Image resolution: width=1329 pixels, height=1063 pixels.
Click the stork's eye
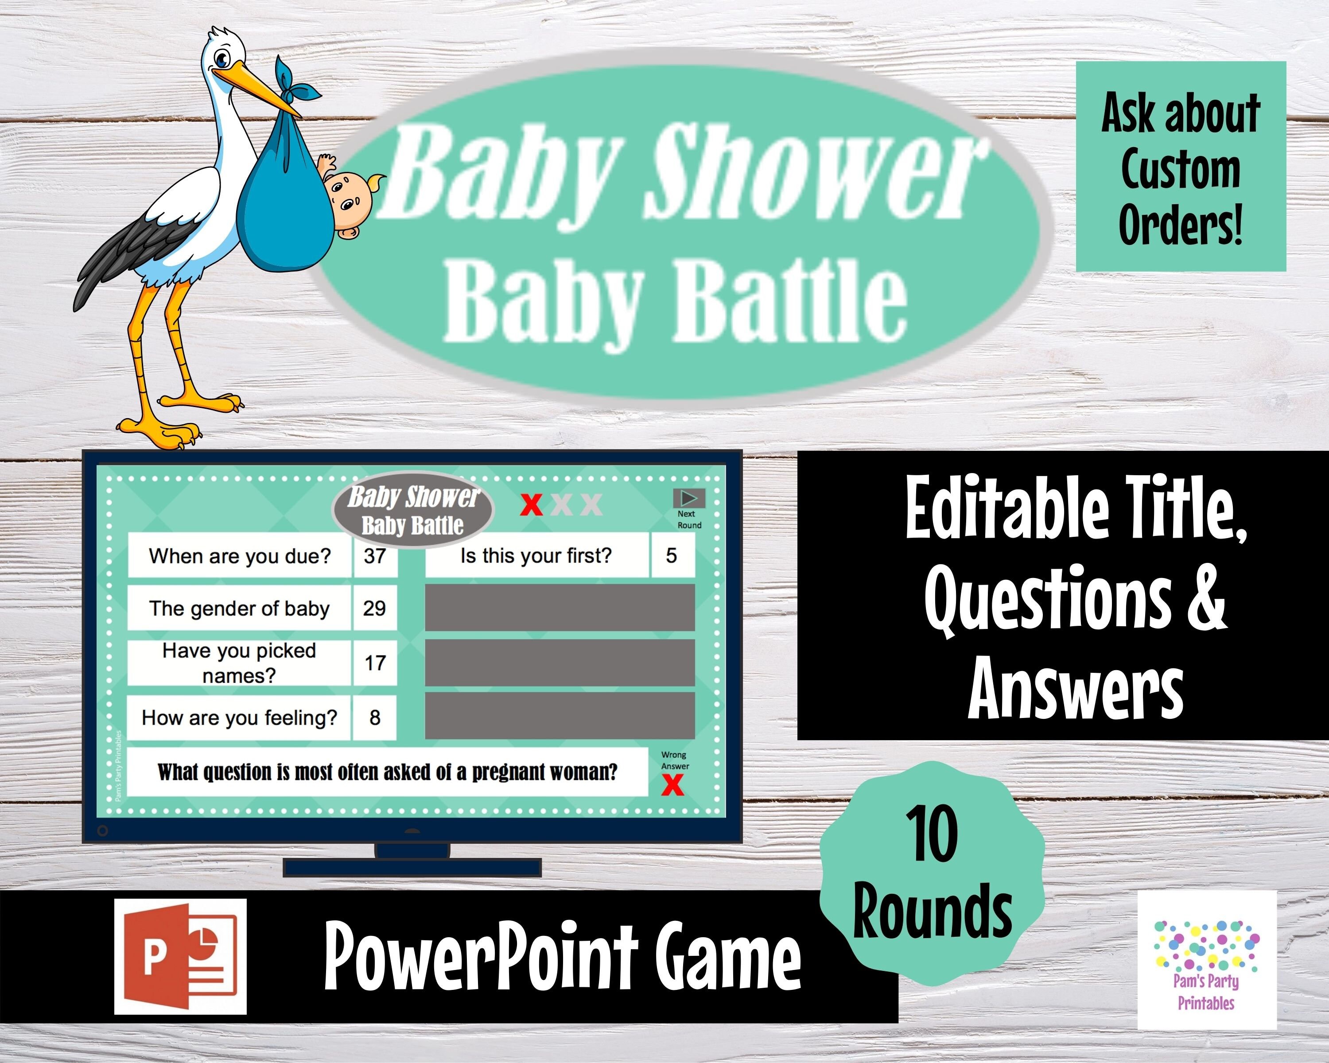(x=221, y=60)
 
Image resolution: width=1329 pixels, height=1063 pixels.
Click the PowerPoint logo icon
(x=180, y=956)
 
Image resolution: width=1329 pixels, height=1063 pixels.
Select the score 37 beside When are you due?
(x=375, y=556)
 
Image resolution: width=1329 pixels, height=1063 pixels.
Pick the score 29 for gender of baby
(x=374, y=608)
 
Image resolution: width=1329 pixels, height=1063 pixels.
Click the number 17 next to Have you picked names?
(x=375, y=663)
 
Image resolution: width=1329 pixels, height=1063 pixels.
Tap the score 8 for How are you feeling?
(x=375, y=717)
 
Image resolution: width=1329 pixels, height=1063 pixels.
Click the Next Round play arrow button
(x=688, y=498)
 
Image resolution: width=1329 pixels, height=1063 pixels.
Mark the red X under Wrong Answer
(x=672, y=786)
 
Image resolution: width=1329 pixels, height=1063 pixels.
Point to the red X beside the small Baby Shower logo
(x=531, y=504)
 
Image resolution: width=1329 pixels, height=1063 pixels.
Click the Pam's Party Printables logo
(x=1206, y=961)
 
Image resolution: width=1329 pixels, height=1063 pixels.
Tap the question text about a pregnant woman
(x=387, y=772)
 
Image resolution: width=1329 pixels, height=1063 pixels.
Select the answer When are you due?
(x=240, y=556)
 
